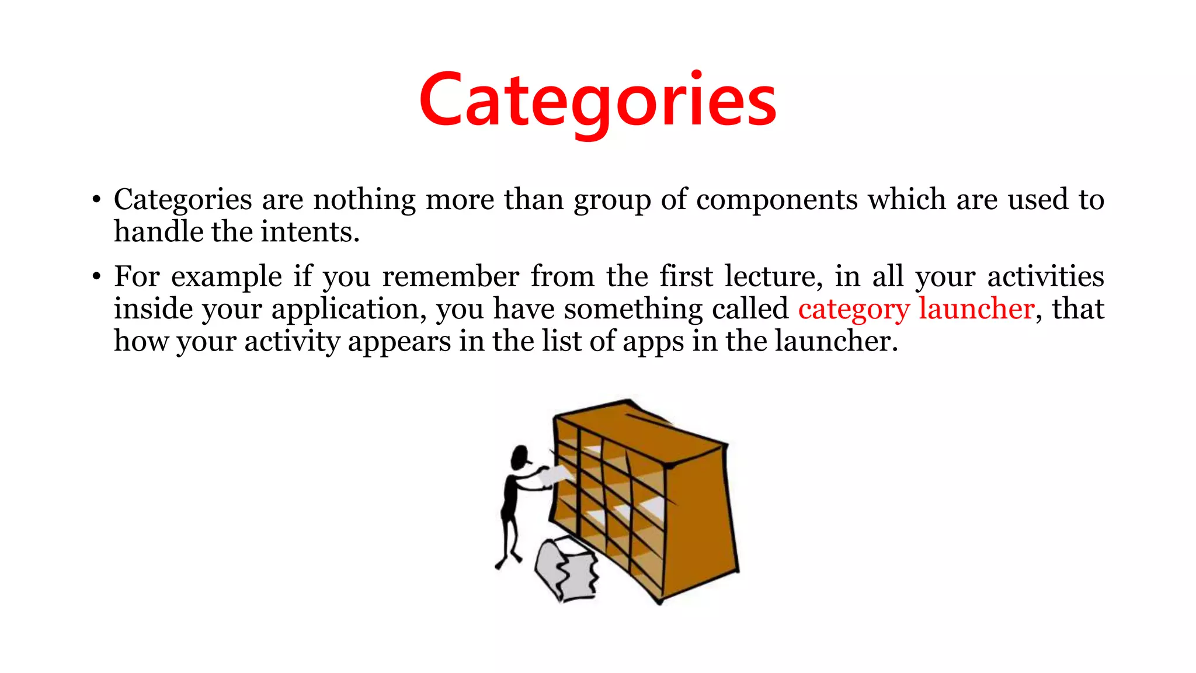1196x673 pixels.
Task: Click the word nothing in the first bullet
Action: point(364,200)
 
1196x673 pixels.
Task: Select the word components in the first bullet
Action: point(777,200)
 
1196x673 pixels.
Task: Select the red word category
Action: point(854,309)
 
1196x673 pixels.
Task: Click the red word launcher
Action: point(976,309)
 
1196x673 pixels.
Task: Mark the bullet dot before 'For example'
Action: point(96,277)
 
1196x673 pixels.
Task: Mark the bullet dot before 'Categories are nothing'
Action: point(96,200)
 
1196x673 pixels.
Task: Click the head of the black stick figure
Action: point(519,457)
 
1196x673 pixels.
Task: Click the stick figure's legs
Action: point(509,537)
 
